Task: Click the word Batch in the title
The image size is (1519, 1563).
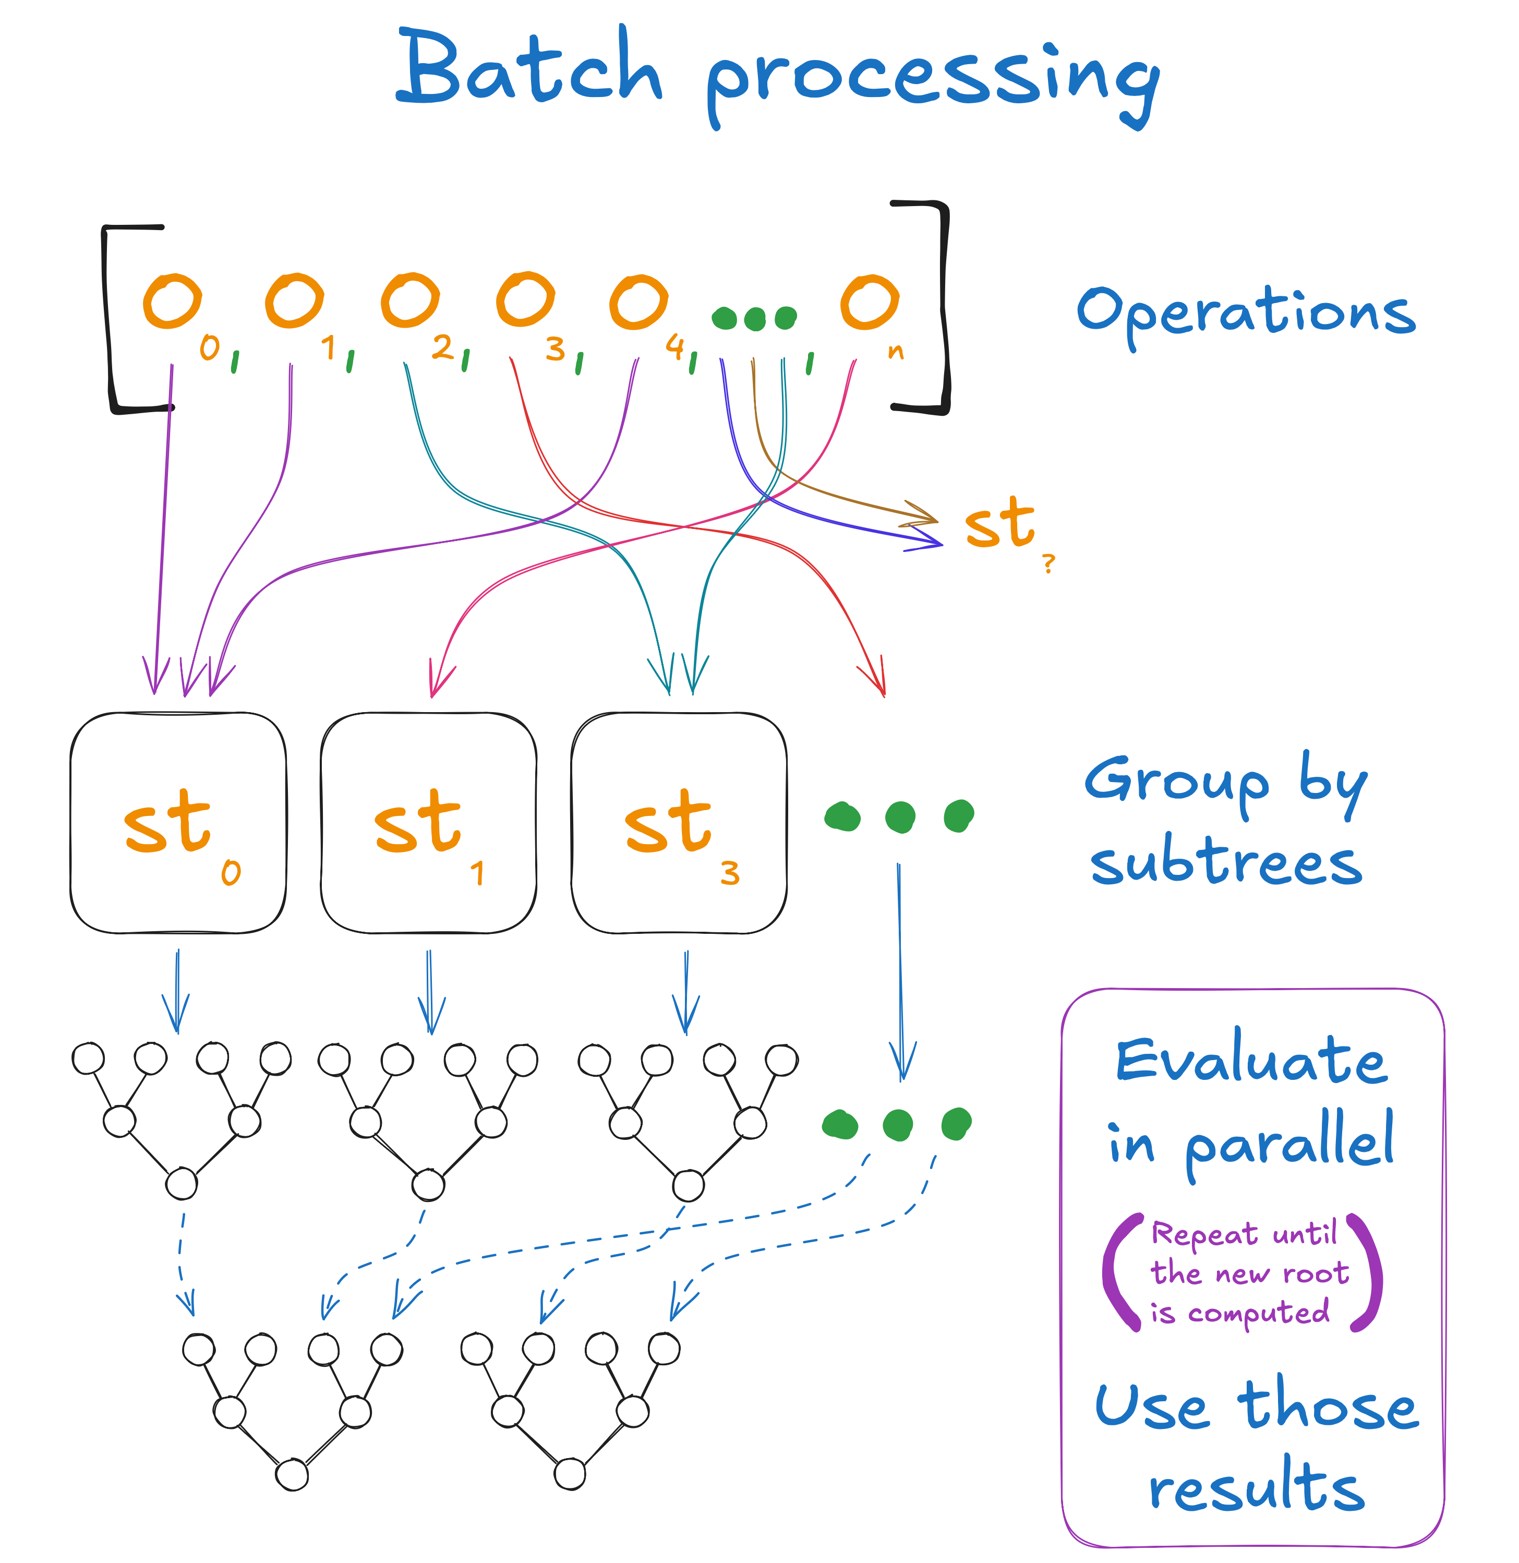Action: [x=530, y=68]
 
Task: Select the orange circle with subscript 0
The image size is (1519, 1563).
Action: [x=172, y=302]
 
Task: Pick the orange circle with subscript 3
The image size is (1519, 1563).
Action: [x=525, y=300]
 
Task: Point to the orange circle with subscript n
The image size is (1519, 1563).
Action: [x=870, y=302]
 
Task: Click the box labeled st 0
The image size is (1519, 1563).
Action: [x=178, y=823]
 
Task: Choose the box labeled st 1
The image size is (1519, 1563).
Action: [x=428, y=823]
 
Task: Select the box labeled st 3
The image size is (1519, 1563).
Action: [x=679, y=823]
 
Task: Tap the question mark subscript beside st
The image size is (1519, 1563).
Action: [x=1048, y=563]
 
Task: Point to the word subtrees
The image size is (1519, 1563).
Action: [x=1226, y=863]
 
